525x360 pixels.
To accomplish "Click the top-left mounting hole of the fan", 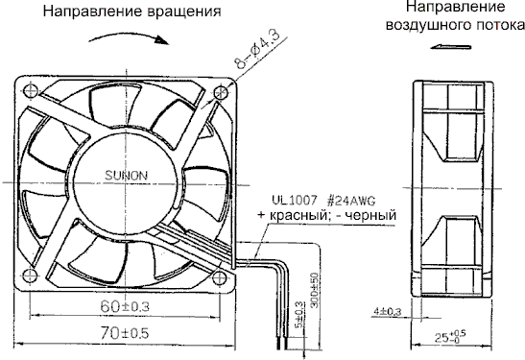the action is tap(30, 91).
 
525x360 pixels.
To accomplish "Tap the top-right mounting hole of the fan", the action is tap(222, 91).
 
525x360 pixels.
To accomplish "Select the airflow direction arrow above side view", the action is tap(449, 45).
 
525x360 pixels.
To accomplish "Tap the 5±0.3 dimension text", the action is tap(299, 316).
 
